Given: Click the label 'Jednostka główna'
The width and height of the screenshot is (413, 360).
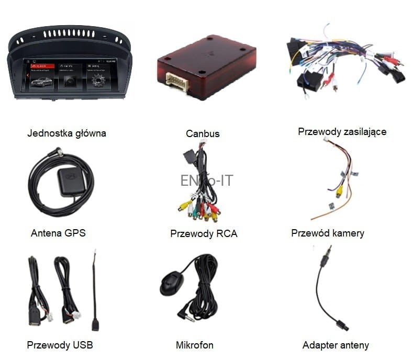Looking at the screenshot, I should point(66,133).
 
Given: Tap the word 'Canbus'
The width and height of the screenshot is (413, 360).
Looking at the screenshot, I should point(203,134).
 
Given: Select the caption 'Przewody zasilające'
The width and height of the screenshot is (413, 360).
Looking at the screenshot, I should point(342,132).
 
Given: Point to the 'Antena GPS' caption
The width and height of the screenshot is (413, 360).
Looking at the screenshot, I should point(58,233).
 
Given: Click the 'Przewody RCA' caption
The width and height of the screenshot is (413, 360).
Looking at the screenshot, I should point(204,234).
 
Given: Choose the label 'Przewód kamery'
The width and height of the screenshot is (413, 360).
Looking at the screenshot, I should point(327,233).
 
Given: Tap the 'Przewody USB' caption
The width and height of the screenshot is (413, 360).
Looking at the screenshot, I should point(60,345).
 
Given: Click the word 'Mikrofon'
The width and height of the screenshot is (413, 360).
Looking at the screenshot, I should point(195,345).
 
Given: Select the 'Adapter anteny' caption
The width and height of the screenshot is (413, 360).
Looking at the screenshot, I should point(336,345).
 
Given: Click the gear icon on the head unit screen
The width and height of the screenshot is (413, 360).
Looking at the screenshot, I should point(98,81).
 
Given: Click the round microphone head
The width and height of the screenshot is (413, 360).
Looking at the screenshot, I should point(172,284).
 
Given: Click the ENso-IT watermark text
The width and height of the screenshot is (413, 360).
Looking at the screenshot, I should point(206,181).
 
